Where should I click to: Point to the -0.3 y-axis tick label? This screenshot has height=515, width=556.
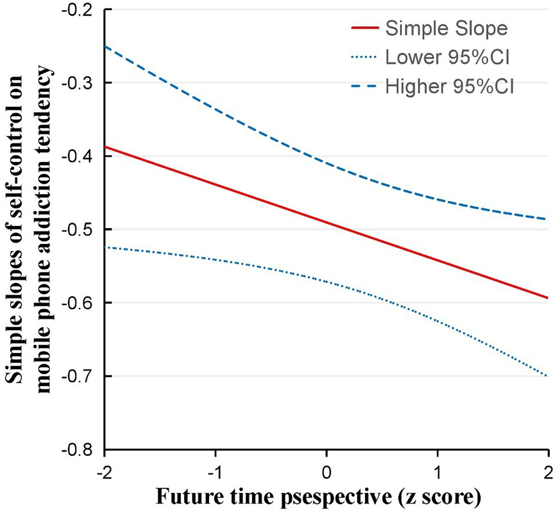[81, 83]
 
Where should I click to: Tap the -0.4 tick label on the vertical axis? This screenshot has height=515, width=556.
[81, 157]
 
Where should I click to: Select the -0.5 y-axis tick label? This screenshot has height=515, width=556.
[81, 230]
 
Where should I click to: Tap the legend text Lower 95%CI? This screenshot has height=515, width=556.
[446, 58]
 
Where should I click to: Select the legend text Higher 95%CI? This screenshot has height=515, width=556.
[449, 86]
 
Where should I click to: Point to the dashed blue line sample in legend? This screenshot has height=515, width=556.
[364, 86]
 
